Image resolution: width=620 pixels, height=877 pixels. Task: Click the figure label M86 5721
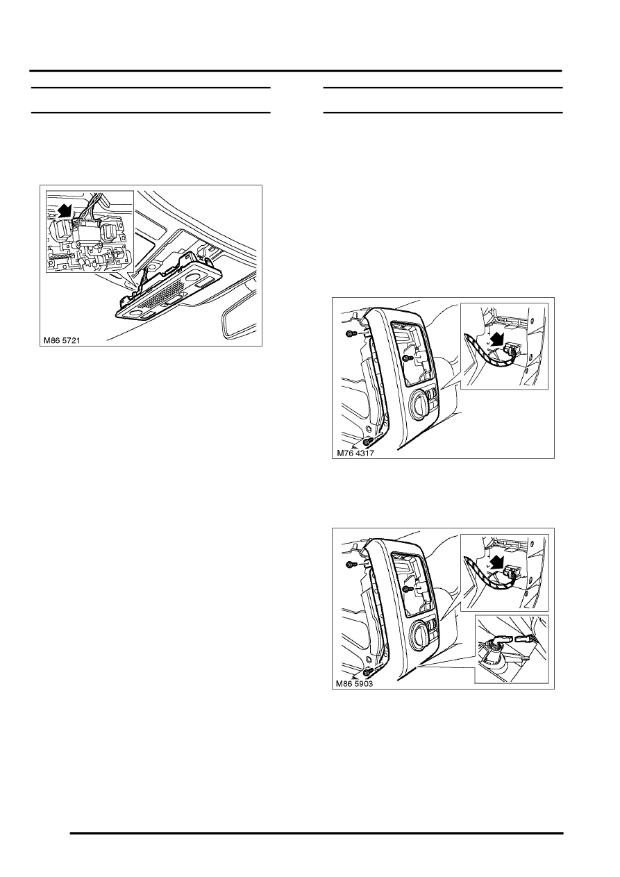[x=62, y=341]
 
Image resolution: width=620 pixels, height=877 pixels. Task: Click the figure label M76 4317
[x=355, y=453]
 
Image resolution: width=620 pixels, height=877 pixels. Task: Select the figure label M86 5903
[x=355, y=684]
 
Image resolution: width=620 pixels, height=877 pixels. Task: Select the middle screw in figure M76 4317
[x=407, y=358]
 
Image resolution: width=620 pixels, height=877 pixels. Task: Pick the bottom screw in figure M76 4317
[x=367, y=441]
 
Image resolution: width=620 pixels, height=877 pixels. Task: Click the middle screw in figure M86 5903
[x=407, y=588]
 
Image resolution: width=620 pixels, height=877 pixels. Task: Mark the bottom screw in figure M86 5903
[x=367, y=672]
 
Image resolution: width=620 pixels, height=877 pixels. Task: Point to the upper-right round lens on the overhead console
[x=194, y=279]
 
